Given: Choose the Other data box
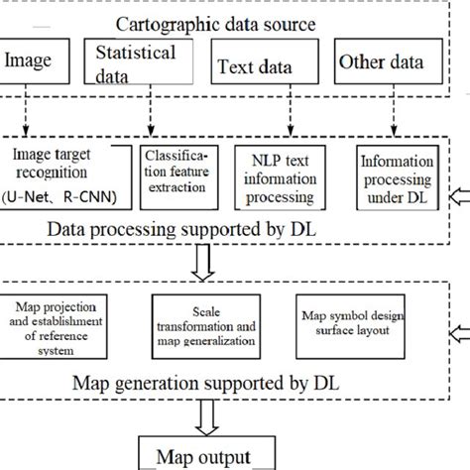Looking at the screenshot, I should pos(381,62).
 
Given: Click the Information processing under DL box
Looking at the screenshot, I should pos(396,176).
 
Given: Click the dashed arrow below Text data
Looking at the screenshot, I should pos(288,117).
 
